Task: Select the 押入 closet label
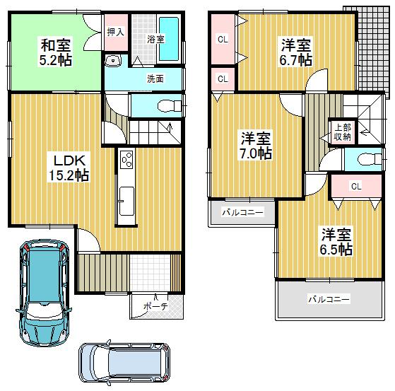tap(114, 33)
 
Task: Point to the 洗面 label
tap(155, 79)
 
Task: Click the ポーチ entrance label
tap(151, 306)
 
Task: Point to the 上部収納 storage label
tap(342, 132)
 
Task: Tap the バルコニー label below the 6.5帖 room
tap(328, 300)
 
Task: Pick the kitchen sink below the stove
tap(126, 199)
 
